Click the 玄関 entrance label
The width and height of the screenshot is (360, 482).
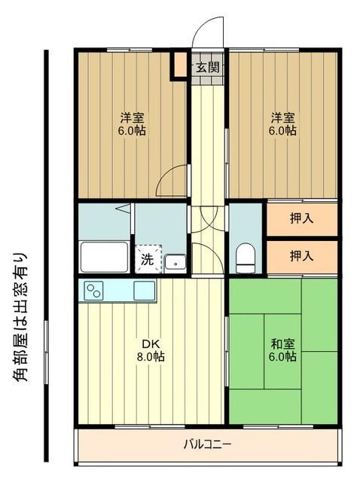tap(208, 67)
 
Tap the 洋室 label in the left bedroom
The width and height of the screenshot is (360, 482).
tap(133, 117)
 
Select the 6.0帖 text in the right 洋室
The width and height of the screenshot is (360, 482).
tap(284, 130)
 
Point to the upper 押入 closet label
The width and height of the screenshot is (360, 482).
tap(301, 219)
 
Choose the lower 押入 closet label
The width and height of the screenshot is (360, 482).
tap(301, 256)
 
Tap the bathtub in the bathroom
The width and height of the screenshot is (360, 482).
tap(103, 258)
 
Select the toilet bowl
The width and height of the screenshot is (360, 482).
tap(246, 258)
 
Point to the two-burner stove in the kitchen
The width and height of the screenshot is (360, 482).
tap(94, 290)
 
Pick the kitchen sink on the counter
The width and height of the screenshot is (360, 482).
tap(145, 290)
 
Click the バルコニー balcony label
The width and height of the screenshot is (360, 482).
tap(207, 443)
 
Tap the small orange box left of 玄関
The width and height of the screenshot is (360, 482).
tap(180, 64)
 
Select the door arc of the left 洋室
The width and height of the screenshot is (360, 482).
tap(173, 179)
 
